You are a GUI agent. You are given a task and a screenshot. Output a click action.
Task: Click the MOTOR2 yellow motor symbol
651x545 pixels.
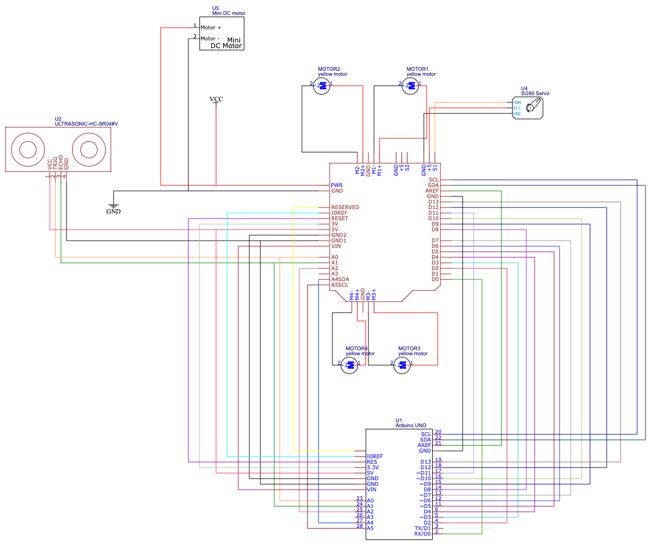tap(321, 86)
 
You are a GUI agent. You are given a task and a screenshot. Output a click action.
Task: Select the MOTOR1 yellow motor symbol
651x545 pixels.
tap(410, 86)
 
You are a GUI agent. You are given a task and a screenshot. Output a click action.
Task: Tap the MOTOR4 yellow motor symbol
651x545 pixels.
tap(349, 365)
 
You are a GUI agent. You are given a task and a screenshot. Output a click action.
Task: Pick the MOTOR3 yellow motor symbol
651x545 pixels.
tap(402, 365)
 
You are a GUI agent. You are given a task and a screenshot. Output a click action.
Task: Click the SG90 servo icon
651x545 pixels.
tap(533, 107)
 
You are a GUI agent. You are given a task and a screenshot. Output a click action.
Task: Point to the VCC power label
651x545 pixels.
tap(216, 100)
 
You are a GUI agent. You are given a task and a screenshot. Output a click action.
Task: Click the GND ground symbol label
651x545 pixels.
tap(114, 211)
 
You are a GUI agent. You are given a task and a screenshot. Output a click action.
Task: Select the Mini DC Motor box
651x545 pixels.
tap(222, 33)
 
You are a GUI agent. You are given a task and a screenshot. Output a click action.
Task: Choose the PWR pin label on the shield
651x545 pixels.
tap(336, 185)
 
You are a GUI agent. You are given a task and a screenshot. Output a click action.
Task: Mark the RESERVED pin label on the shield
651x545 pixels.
tap(345, 207)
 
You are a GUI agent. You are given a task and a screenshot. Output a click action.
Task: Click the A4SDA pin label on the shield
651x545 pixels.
tap(340, 279)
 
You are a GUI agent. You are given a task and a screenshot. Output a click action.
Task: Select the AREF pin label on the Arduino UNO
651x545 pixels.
tap(424, 445)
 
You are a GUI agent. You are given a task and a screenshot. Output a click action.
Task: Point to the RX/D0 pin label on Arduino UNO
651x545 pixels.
tap(422, 534)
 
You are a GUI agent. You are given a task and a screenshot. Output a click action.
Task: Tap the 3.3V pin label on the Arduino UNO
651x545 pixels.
tap(373, 468)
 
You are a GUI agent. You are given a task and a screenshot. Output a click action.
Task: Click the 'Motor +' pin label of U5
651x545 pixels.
tap(211, 28)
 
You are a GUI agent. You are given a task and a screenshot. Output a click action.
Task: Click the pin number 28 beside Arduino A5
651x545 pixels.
tap(360, 526)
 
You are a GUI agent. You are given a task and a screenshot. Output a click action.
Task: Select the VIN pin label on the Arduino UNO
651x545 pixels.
tap(372, 490)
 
